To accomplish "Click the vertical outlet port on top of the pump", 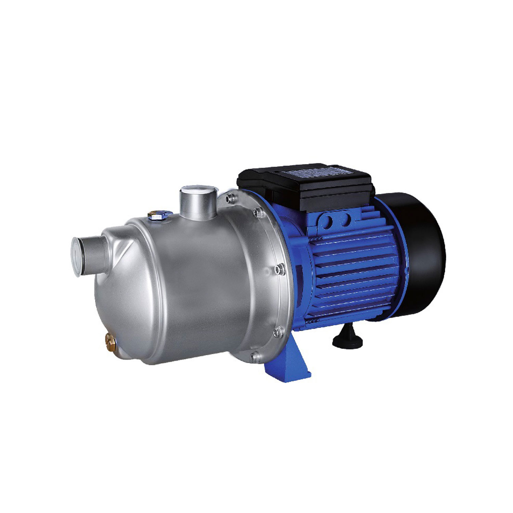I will point(198,203).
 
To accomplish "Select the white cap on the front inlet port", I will point(76,255).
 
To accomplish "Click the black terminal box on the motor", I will point(304,186).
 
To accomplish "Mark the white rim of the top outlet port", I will point(198,189).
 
